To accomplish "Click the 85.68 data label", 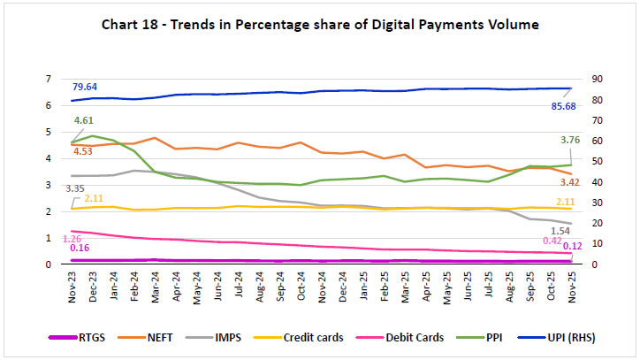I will pyautogui.click(x=546, y=105).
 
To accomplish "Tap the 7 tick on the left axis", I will pyautogui.click(x=48, y=80).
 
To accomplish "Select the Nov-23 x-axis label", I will pyautogui.click(x=72, y=285).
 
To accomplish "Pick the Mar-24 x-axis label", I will pyautogui.click(x=156, y=285).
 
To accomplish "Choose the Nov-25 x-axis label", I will pyautogui.click(x=570, y=285).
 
